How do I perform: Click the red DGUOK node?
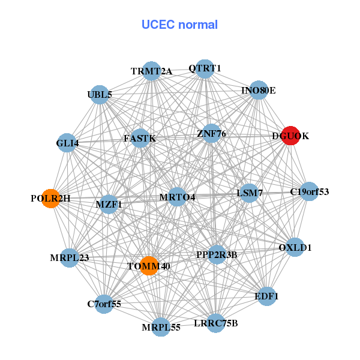[x=290, y=136]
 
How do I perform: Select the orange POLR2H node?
[x=51, y=199]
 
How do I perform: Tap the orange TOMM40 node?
[x=149, y=266]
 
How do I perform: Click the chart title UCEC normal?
[x=179, y=25]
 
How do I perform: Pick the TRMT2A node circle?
[x=152, y=71]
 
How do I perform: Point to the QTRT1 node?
[x=205, y=68]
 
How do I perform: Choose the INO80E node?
[x=258, y=91]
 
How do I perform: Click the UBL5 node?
[x=100, y=95]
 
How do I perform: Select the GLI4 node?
[x=67, y=143]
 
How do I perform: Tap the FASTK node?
[x=140, y=139]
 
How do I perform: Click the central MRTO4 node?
[x=177, y=197]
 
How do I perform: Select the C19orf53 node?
[x=309, y=192]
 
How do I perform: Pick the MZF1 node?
[x=109, y=204]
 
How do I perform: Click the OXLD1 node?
[x=295, y=247]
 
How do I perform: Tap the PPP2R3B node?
[x=217, y=254]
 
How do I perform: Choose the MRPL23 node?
[x=70, y=258]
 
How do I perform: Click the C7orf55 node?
[x=104, y=304]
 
